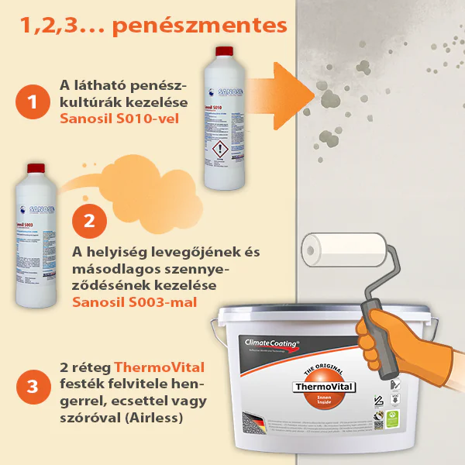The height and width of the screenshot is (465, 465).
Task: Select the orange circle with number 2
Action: click(x=88, y=219)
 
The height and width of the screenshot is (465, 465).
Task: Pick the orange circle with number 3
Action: click(x=32, y=383)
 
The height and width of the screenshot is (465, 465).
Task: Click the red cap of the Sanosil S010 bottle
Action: click(x=223, y=52)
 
